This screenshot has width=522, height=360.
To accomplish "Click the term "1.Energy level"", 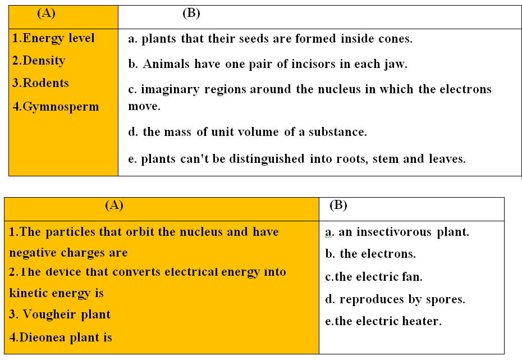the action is pos(53,38).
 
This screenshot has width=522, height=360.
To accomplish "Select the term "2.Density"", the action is pos(39,61).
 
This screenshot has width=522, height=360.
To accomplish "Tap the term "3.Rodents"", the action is pos(40,83).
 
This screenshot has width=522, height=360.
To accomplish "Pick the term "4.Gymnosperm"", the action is pos(56,107).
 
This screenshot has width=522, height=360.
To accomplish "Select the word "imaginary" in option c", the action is pos(170,90).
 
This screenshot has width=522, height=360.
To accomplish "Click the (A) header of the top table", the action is pos(46,13).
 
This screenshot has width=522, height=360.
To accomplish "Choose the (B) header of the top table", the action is pos(191,13).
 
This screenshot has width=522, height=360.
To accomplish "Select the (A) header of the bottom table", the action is pos(114,205).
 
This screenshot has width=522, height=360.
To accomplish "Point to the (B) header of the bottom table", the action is pos(338,205).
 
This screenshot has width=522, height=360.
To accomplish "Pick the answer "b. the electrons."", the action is pos(370,254).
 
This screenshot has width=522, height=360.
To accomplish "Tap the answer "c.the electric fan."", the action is pos(373,277).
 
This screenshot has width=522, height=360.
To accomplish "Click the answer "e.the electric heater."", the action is pos(383,321).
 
